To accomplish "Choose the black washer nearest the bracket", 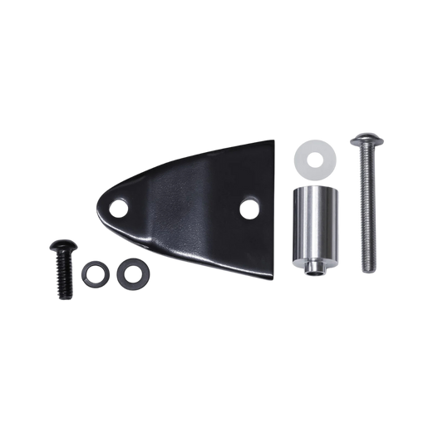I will tap(128, 271).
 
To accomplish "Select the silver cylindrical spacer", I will tap(313, 227).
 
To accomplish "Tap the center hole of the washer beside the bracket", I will tap(128, 271).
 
